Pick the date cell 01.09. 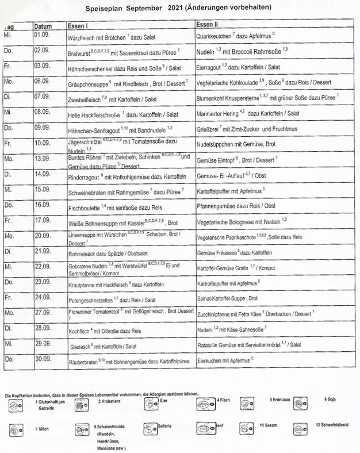(x=41, y=36)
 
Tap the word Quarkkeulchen (x=213, y=35)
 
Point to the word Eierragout (x=209, y=67)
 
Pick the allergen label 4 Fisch (x=224, y=399)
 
